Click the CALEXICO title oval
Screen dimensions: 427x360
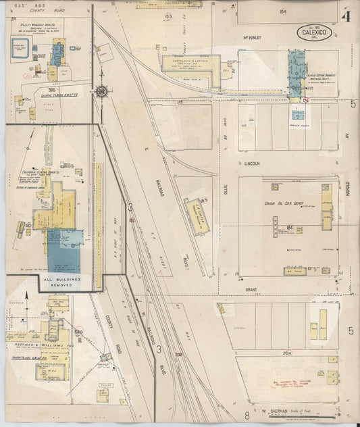(314, 33)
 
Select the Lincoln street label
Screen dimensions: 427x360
(253, 164)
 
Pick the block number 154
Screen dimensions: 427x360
(282, 11)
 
